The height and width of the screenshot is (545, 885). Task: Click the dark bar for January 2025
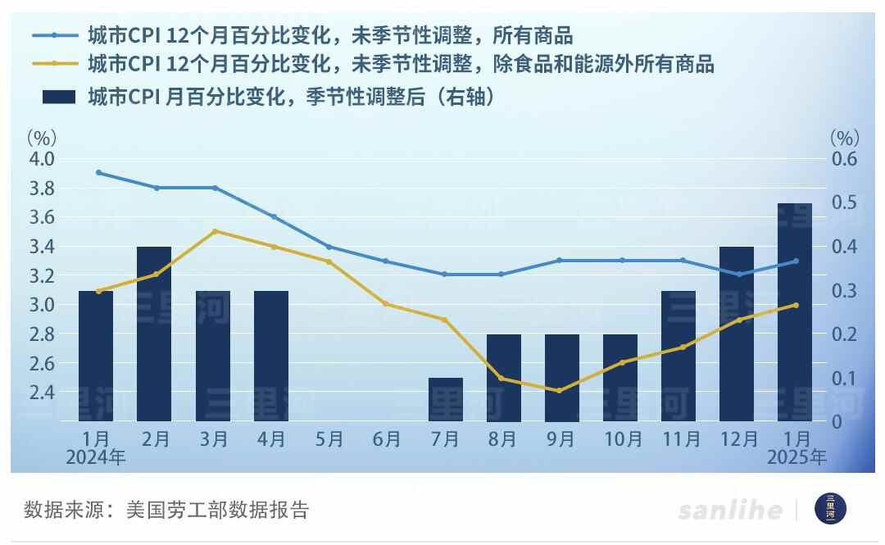pyautogui.click(x=794, y=312)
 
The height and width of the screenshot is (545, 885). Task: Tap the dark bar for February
pyautogui.click(x=154, y=334)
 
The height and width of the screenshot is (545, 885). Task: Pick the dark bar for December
pyautogui.click(x=736, y=334)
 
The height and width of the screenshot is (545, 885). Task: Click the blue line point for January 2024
pyautogui.click(x=98, y=173)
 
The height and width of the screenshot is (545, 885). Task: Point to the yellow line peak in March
pyautogui.click(x=215, y=231)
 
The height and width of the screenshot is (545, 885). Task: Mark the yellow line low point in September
pyautogui.click(x=559, y=391)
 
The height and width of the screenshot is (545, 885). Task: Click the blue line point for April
pyautogui.click(x=274, y=217)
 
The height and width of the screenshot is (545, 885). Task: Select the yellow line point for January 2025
pyautogui.click(x=795, y=305)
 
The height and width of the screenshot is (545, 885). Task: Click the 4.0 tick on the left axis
pyautogui.click(x=43, y=158)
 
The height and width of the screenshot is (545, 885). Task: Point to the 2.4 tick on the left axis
pyautogui.click(x=43, y=392)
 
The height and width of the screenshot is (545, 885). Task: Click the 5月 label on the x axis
pyautogui.click(x=329, y=440)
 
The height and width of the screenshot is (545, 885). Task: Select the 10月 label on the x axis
pyautogui.click(x=620, y=440)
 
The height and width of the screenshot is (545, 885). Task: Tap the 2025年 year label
pyautogui.click(x=796, y=458)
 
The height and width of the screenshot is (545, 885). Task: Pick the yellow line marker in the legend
pyautogui.click(x=54, y=63)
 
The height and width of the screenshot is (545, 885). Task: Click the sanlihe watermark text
pyautogui.click(x=729, y=510)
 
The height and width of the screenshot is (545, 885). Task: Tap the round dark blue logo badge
pyautogui.click(x=830, y=509)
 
